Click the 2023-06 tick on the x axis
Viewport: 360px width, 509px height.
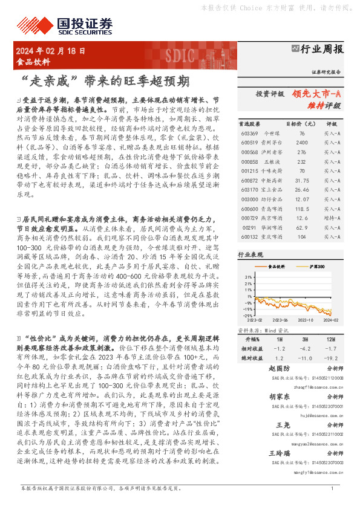[x=284, y=320]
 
